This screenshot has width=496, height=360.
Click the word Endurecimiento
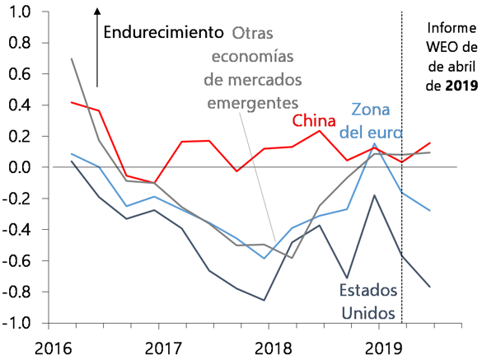163,33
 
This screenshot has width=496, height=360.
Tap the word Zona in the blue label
371,110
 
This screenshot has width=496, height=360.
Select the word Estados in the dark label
368,292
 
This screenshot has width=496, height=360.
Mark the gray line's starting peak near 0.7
73,58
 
